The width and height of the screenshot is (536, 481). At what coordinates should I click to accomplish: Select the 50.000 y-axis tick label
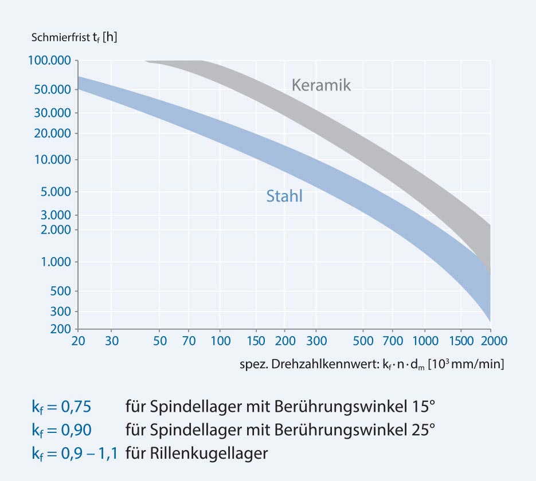click(x=53, y=90)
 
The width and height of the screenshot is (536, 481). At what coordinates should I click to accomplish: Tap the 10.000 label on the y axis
click(x=53, y=159)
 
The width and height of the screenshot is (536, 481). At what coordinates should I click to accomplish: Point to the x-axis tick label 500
click(x=362, y=341)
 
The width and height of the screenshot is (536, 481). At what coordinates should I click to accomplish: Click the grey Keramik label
click(x=320, y=85)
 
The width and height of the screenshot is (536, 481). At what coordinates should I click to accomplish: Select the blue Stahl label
click(x=284, y=196)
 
